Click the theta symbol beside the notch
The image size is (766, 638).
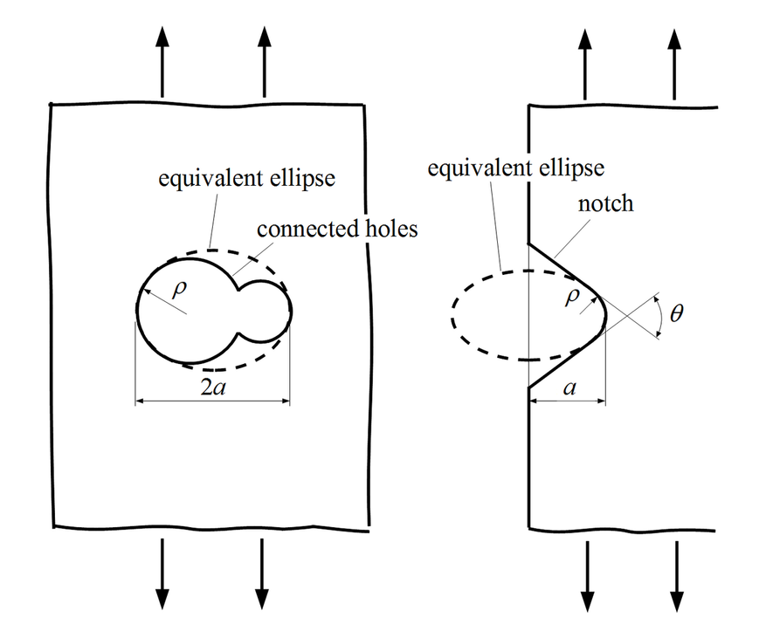676,313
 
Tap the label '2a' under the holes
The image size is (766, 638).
213,388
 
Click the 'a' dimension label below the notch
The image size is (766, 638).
569,388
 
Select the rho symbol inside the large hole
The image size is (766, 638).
179,289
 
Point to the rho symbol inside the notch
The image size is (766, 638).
571,296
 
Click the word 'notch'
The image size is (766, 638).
606,203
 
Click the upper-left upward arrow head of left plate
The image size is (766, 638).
162,37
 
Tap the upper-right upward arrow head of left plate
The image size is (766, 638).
265,37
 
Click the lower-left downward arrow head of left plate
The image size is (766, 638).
162,599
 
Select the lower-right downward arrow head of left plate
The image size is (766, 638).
262,599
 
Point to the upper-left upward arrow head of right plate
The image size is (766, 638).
584,39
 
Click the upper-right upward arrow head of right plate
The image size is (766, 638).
674,39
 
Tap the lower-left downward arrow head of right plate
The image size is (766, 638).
587,601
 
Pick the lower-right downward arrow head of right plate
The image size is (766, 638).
677,601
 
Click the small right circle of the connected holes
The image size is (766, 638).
291,312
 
